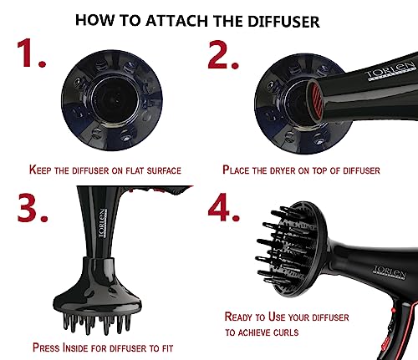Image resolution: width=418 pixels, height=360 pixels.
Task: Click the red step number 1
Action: [31, 53]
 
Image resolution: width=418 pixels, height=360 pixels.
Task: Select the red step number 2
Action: [223, 54]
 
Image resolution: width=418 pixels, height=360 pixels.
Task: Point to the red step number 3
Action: [33, 208]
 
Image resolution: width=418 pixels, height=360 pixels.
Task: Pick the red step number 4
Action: [223, 207]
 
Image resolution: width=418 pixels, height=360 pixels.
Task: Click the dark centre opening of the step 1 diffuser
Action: [115, 99]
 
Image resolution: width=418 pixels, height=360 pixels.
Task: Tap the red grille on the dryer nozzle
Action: [316, 99]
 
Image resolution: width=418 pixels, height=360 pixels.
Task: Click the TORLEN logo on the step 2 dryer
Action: [390, 71]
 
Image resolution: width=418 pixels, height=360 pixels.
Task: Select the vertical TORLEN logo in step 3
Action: [103, 223]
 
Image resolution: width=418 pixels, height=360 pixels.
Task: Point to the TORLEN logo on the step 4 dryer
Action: [390, 271]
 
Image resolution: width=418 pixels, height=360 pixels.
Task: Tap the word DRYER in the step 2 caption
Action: [283, 170]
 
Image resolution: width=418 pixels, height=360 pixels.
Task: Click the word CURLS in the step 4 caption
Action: [286, 332]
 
